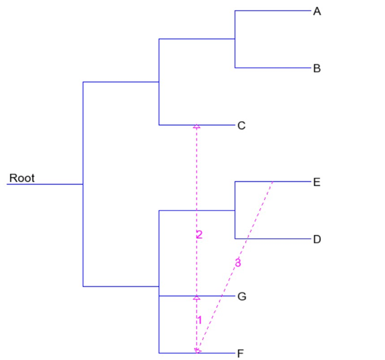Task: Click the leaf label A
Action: (317, 11)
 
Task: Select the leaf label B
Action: (317, 68)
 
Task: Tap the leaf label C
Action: (241, 126)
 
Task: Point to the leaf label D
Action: (317, 239)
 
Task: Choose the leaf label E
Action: (317, 182)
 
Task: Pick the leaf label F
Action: (241, 353)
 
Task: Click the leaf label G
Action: (242, 296)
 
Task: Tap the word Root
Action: (22, 178)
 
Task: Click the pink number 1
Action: (200, 320)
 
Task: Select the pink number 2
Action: (199, 235)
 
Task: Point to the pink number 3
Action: (238, 263)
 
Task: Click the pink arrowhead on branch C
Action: (197, 126)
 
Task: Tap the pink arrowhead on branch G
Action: (197, 298)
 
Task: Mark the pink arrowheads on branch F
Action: (197, 351)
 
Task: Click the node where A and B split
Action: (235, 39)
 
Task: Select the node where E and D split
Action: (235, 210)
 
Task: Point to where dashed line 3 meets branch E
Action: (273, 182)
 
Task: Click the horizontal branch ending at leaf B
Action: (273, 68)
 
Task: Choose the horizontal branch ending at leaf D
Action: (273, 239)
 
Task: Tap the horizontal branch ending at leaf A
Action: (273, 11)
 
